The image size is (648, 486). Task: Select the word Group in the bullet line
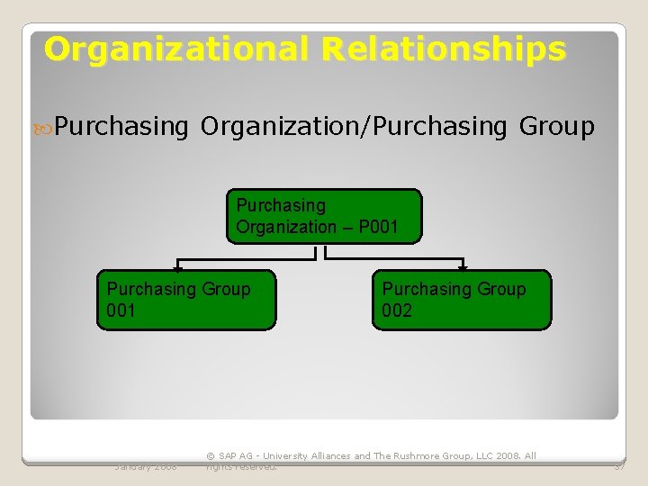click(557, 127)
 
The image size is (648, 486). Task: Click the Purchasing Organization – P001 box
click(323, 216)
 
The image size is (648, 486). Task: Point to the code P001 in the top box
click(377, 227)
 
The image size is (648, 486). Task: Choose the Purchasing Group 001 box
click(186, 300)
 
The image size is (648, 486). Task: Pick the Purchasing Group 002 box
click(462, 300)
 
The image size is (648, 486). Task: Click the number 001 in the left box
click(121, 310)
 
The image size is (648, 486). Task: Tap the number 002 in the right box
click(397, 310)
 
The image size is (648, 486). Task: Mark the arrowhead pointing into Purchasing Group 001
click(178, 267)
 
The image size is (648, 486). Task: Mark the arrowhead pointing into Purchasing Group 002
click(463, 267)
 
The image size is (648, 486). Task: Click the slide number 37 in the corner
click(619, 466)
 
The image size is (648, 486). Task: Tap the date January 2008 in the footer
click(146, 466)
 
